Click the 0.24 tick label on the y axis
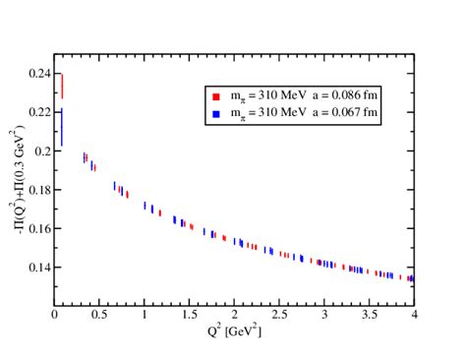pos(39,74)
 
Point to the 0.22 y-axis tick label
pos(39,112)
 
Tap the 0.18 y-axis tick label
pos(39,190)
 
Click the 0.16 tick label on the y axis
pos(39,228)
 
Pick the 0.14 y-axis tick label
pos(39,267)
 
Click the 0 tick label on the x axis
pos(55,317)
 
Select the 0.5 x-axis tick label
pos(99,317)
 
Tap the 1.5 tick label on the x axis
pos(189,317)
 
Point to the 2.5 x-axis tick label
pos(278,317)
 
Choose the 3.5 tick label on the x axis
pos(368,317)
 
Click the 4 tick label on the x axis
pos(413,317)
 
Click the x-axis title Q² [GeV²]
pos(234,331)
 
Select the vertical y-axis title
pos(14,178)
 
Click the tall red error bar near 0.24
pos(62,86)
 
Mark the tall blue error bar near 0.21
pos(61,127)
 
